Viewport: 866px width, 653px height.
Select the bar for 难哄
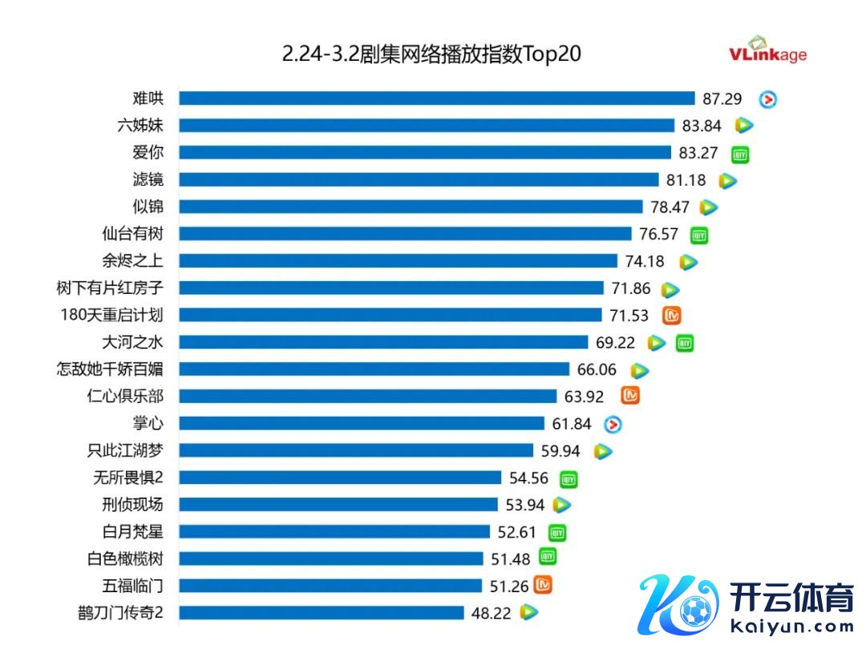(x=436, y=99)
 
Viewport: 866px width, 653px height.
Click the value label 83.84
(x=701, y=126)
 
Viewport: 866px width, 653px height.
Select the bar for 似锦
(x=411, y=207)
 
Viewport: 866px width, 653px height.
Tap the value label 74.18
(x=645, y=261)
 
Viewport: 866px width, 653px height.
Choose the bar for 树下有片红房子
(x=391, y=288)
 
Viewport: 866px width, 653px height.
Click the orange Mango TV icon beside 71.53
(x=672, y=315)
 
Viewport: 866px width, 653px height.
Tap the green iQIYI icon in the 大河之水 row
(x=684, y=343)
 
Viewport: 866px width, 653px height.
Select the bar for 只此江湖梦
(x=355, y=450)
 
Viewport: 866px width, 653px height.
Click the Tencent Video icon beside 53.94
(x=562, y=505)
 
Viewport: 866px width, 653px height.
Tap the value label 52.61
(x=517, y=532)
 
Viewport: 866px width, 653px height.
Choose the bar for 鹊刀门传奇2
(x=321, y=613)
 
